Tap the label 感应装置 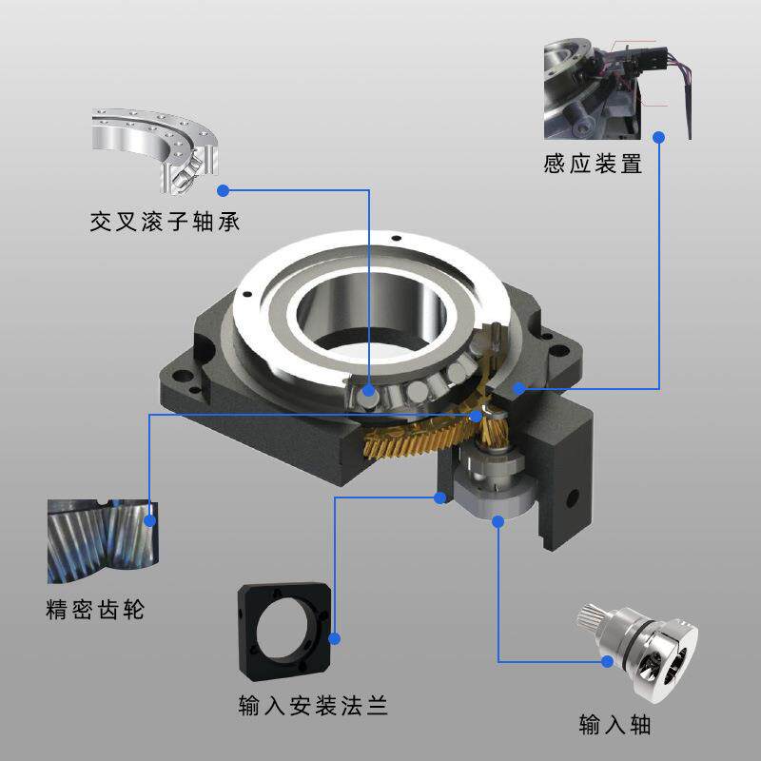[593, 164]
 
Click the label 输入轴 [615, 725]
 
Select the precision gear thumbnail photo [100, 540]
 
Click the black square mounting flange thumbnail [284, 633]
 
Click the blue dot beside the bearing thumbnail [223, 189]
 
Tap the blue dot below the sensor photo [659, 137]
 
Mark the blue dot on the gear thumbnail [149, 519]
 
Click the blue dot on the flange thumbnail [334, 638]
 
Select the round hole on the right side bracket [573, 498]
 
